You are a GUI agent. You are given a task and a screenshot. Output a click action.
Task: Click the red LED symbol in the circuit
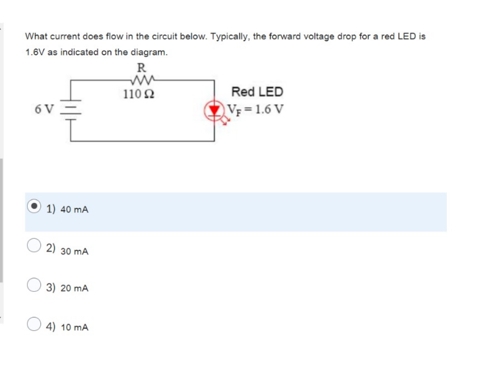point(214,110)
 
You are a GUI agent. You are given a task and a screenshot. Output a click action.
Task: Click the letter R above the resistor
point(141,68)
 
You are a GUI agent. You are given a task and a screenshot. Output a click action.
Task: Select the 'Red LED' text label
point(257,92)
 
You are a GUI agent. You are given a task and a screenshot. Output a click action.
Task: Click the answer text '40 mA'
point(75,210)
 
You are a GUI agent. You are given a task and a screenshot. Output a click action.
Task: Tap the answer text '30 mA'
point(75,252)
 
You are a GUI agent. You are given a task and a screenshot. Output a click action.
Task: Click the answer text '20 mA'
point(75,288)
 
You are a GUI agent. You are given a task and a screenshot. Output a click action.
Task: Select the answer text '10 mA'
point(75,328)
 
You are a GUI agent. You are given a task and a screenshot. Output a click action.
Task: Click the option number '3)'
point(51,287)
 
